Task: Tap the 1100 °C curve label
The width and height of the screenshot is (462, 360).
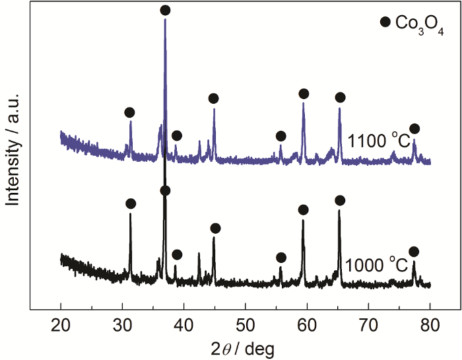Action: (378, 141)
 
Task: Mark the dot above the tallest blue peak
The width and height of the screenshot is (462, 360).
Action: (165, 10)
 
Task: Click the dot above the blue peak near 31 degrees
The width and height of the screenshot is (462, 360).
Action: (129, 112)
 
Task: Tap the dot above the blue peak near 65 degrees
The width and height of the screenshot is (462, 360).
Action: (340, 98)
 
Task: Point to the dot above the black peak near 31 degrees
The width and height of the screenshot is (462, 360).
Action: (131, 203)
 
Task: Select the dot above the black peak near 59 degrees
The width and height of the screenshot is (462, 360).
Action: (303, 210)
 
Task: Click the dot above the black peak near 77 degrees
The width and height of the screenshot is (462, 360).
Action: (414, 252)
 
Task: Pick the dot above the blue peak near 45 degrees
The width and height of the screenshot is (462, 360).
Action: (213, 98)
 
